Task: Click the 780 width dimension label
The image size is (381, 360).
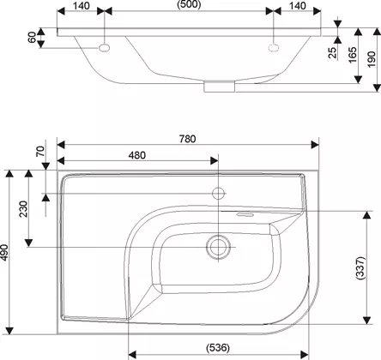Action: [187, 139]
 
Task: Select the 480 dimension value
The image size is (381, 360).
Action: [136, 155]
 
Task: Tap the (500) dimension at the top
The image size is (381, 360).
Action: [189, 4]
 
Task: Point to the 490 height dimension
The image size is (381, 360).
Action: [4, 253]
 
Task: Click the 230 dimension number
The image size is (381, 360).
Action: [23, 209]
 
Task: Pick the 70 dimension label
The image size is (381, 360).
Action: [40, 151]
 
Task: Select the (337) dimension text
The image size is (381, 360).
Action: [360, 268]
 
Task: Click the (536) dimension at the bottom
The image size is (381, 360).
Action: [218, 348]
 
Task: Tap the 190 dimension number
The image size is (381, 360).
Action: [371, 59]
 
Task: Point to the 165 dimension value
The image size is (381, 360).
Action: [353, 55]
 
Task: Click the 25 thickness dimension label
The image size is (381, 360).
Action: [332, 53]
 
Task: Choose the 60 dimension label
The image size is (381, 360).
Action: [32, 38]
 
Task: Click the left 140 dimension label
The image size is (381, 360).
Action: [81, 6]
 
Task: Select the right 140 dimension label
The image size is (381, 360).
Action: [298, 6]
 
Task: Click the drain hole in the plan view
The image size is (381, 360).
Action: [218, 247]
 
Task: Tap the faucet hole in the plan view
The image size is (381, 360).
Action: [218, 194]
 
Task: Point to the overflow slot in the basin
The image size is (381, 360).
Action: [244, 214]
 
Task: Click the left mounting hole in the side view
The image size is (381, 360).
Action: [105, 48]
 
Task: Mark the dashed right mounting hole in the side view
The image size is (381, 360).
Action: [274, 48]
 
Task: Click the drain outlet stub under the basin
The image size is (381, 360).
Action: [220, 87]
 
